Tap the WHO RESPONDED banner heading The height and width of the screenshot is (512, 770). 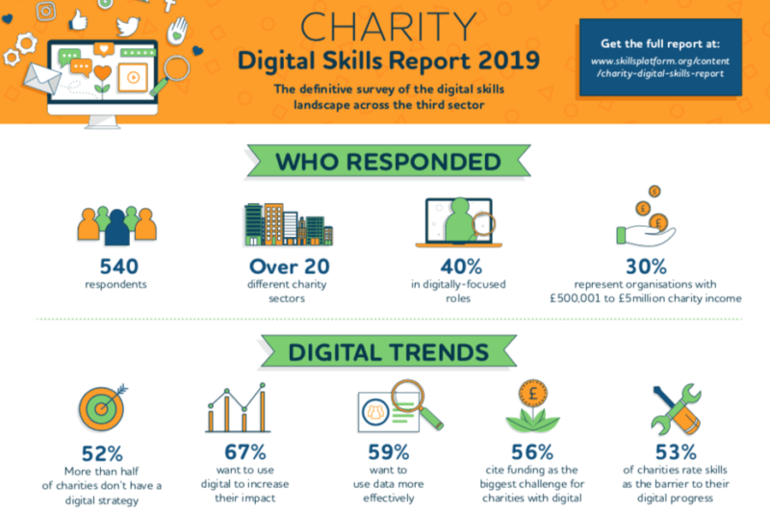click(x=383, y=161)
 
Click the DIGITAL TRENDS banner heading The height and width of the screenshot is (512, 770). click(x=383, y=352)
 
